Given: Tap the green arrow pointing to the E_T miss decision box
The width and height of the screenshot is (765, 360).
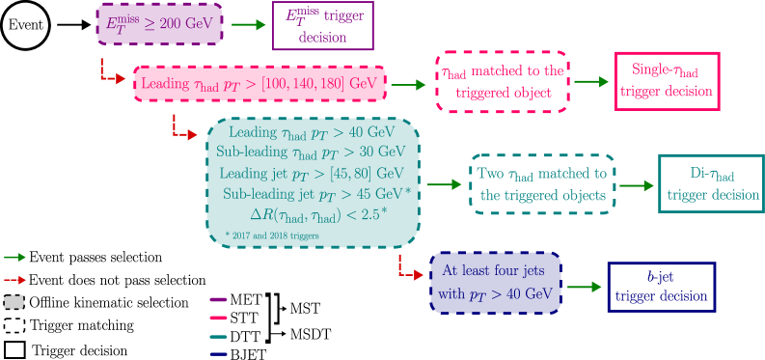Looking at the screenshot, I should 248,24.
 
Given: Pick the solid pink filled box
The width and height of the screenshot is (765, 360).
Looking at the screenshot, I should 259,84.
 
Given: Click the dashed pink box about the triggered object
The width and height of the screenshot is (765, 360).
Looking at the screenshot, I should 501,82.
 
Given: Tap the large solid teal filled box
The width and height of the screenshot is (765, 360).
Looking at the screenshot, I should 313,183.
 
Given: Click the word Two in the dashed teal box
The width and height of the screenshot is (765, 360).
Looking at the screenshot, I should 491,174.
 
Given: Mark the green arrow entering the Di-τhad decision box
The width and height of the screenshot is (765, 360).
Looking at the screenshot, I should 635,184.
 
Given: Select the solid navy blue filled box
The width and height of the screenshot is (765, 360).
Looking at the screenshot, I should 495,283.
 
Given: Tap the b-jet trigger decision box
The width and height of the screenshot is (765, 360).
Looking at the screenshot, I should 661,287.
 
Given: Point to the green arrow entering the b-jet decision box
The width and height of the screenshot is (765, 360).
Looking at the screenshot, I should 581,287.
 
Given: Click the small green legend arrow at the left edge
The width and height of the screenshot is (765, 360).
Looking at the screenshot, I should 14,258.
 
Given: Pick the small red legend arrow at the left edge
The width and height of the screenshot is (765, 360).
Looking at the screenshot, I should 14,280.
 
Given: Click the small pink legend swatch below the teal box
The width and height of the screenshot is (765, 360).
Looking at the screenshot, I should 218,318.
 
